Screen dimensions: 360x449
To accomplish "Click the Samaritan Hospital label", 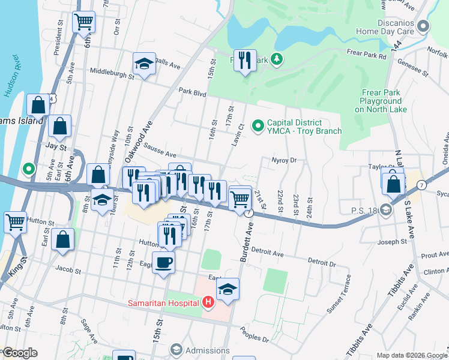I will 163,302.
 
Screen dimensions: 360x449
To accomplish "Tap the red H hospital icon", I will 208,301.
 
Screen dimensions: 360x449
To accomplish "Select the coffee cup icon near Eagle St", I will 164,263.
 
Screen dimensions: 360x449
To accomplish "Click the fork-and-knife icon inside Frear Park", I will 245,60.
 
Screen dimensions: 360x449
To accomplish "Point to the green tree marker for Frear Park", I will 277,59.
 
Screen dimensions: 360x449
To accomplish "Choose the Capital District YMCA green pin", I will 258,125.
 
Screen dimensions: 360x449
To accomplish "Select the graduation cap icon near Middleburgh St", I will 144,64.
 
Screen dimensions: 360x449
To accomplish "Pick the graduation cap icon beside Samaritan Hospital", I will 228,289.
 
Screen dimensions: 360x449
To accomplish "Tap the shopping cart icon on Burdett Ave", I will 240,197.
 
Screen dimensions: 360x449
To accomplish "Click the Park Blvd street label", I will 192,93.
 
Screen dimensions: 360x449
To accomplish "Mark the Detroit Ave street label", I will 270,254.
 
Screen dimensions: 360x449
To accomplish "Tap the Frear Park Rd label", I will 366,55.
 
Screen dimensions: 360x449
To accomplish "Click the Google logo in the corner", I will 20,352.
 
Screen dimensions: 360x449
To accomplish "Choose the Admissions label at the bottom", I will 207,349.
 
